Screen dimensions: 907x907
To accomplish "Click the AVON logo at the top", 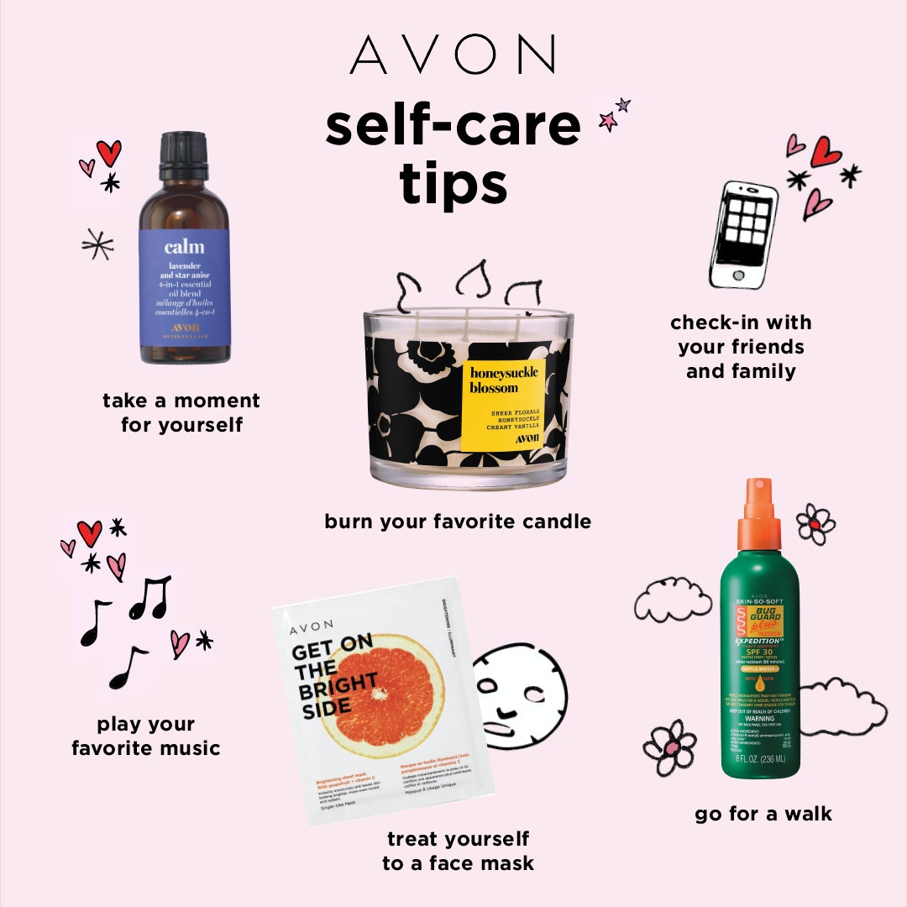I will pyautogui.click(x=453, y=55).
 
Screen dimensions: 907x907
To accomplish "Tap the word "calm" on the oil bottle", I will pyautogui.click(x=184, y=246).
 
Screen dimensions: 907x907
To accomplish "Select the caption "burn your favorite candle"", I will pyautogui.click(x=458, y=522).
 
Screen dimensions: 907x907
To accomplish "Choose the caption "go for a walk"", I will pyautogui.click(x=763, y=814).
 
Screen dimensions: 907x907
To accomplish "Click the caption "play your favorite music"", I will pyautogui.click(x=146, y=736).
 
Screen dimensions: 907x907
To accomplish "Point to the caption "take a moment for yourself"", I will pyautogui.click(x=181, y=412).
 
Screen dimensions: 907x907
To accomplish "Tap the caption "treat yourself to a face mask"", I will pyautogui.click(x=458, y=851).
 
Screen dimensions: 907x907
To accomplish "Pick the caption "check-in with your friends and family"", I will pyautogui.click(x=741, y=347).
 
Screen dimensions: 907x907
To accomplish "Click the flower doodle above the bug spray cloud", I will pyautogui.click(x=815, y=524).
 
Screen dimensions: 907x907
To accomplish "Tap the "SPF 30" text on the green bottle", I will pyautogui.click(x=753, y=652).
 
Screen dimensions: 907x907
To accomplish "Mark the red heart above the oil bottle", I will pyautogui.click(x=108, y=152).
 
